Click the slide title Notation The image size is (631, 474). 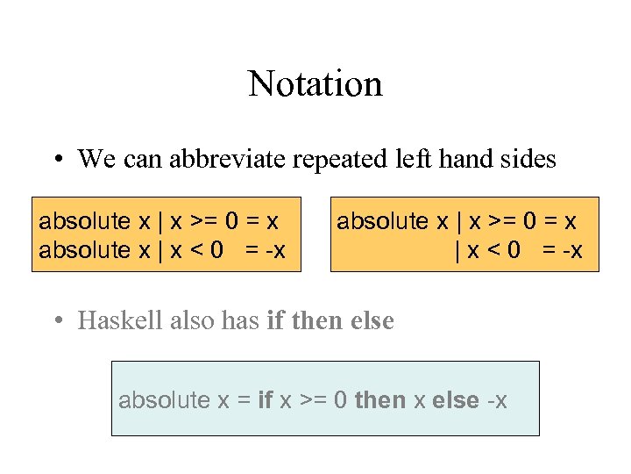315,84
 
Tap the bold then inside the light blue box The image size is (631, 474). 380,401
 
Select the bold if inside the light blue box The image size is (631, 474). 266,401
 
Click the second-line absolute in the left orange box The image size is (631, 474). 84,250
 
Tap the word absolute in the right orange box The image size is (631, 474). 382,220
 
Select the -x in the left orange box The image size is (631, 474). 273,250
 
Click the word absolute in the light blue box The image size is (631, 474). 164,401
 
